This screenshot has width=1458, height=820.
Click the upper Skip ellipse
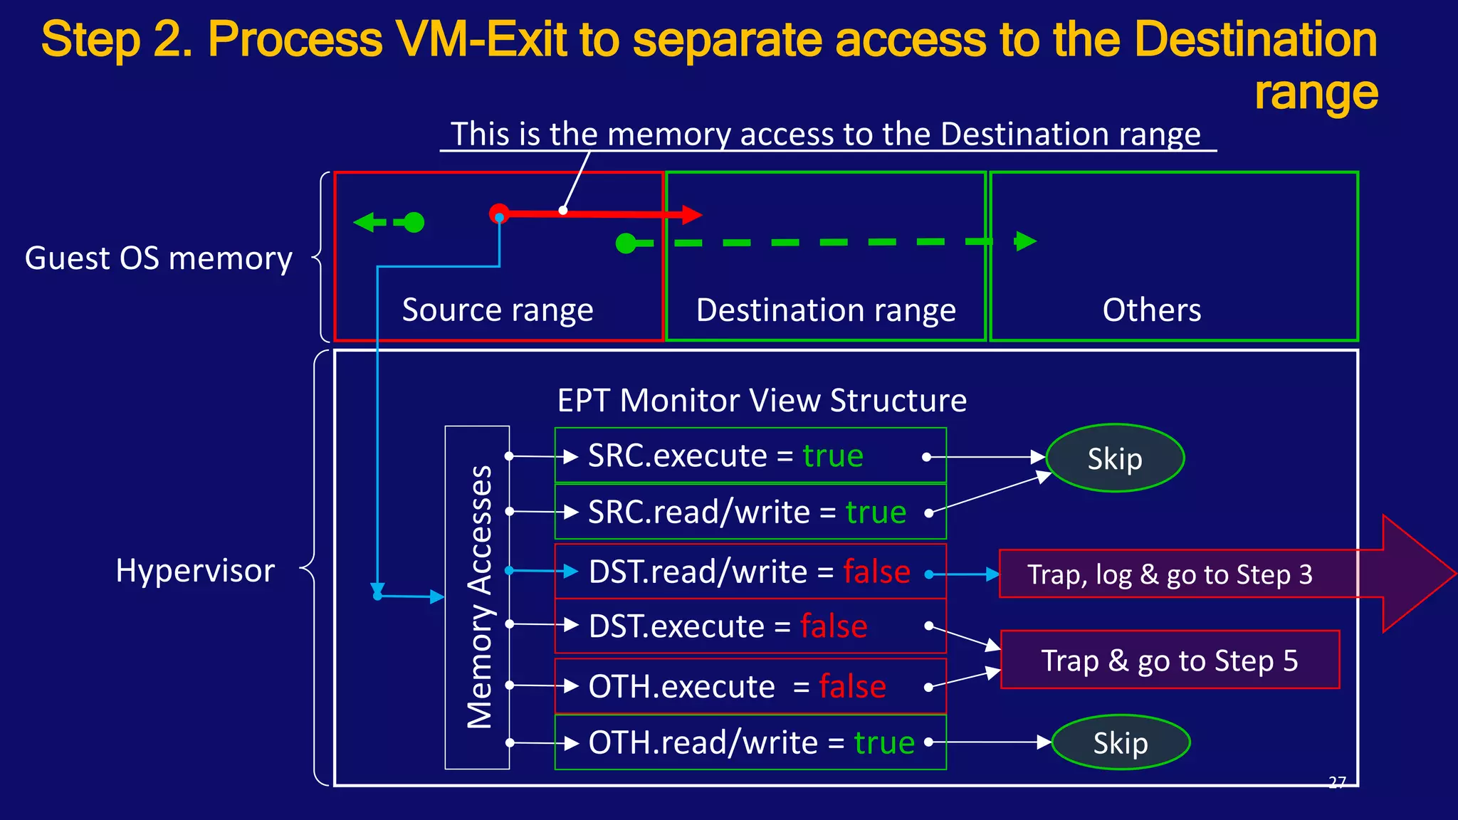1114,458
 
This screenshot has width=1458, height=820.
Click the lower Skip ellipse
1120,742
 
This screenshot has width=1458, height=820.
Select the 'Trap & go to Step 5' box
1169,660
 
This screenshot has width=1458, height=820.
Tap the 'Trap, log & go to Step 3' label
1169,574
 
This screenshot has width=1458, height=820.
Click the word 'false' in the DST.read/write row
876,572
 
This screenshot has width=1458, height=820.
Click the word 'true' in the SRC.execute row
833,456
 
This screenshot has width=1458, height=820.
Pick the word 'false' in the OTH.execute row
852,686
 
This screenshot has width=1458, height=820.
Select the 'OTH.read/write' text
703,742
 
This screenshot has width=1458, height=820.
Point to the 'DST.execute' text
676,626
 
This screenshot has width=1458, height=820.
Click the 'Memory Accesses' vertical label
478,596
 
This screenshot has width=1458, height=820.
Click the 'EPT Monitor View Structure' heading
762,400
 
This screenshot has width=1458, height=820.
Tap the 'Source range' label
497,310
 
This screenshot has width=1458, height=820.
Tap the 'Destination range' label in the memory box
826,310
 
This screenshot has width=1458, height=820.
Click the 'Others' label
1151,310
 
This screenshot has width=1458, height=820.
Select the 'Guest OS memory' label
158,258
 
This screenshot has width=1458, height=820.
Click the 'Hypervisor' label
195,570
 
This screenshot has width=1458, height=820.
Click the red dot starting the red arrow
499,213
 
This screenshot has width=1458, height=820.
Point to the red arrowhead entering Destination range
691,214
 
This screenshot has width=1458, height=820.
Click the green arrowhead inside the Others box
1025,241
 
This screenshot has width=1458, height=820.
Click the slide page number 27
1337,782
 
